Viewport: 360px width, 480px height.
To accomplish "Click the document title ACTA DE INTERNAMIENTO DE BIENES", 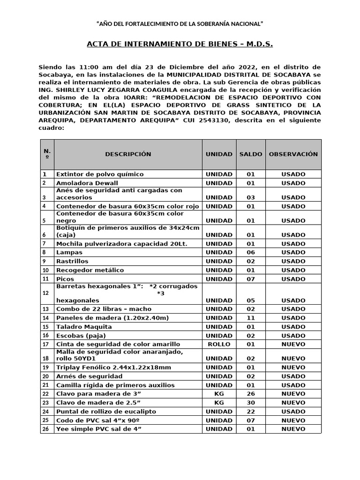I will point(180,44).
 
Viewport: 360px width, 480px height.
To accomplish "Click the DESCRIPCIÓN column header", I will point(128,154).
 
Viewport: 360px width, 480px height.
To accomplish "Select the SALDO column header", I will point(251,154).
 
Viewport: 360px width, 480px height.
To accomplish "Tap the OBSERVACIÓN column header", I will point(293,154).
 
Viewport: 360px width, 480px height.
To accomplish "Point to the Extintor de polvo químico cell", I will point(100,174).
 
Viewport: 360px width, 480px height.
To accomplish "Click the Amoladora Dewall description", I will point(87,183).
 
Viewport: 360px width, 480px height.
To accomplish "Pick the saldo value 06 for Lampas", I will point(251,253).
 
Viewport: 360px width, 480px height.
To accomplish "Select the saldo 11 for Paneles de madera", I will point(251,318).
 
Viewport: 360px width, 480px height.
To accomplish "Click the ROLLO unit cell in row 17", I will point(219,344).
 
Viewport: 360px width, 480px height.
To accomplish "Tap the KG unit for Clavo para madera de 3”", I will point(219,394).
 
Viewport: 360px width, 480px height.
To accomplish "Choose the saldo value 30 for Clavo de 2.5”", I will point(251,403).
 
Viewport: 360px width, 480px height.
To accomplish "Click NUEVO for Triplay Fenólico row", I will point(293,367).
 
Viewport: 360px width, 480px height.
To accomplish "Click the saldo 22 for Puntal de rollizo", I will point(251,412).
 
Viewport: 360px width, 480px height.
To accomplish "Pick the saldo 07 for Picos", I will point(251,279).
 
